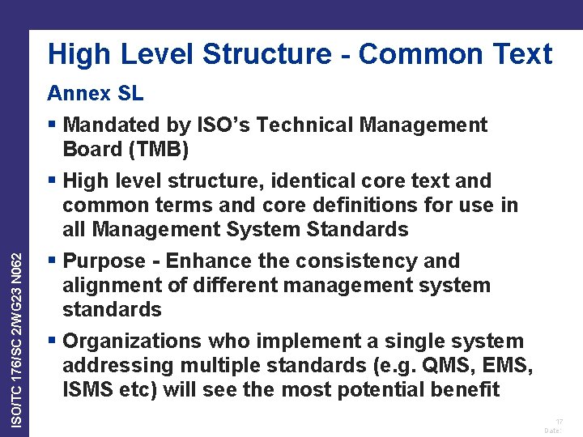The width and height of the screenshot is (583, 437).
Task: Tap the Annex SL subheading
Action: pyautogui.click(x=95, y=93)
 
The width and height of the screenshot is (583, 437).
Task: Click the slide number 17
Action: pyautogui.click(x=559, y=422)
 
